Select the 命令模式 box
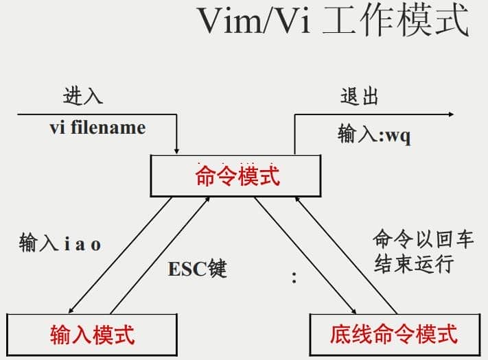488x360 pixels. coord(237,176)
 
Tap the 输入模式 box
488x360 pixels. coord(92,334)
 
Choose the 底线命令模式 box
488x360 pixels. coord(393,334)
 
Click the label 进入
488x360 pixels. coord(83,96)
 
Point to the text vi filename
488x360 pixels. coord(97,128)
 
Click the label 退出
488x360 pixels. coord(359,96)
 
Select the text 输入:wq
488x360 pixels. coord(374,134)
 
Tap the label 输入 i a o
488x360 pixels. coord(60,243)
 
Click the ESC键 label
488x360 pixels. coord(198,268)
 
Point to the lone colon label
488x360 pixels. coord(294,278)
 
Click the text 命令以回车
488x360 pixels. coord(423,239)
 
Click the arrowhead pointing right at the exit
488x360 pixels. coord(449,115)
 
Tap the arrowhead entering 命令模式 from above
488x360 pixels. coord(177,149)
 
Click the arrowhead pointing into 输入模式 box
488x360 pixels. coord(73,308)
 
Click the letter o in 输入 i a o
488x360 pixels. coord(96,244)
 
